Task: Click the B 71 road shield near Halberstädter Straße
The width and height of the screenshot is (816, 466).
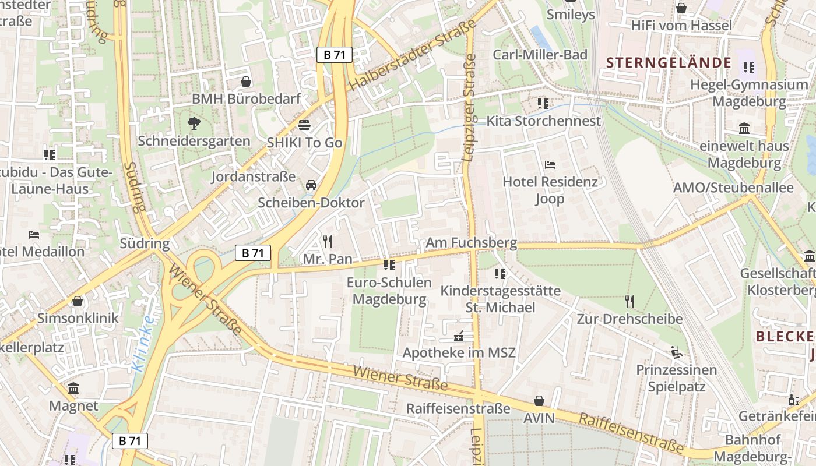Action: [x=335, y=55]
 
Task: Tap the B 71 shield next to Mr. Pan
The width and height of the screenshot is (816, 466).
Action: [x=253, y=253]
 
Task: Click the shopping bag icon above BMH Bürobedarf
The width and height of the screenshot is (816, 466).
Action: [x=246, y=82]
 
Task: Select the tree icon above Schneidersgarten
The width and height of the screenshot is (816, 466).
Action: [x=194, y=123]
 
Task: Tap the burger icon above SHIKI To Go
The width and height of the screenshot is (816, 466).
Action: [x=304, y=125]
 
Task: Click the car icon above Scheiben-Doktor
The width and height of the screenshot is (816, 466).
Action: [x=311, y=185]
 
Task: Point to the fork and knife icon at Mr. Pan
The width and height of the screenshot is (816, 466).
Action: [x=328, y=241]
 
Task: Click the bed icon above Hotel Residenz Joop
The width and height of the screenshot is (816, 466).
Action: [x=550, y=165]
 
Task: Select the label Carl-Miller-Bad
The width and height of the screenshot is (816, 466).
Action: [x=540, y=55]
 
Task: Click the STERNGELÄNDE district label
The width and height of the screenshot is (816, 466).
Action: [x=669, y=62]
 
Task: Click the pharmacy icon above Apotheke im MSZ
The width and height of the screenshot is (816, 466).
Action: [x=459, y=336]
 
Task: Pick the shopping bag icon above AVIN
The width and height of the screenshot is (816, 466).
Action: [x=539, y=401]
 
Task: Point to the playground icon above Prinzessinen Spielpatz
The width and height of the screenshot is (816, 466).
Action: [x=676, y=352]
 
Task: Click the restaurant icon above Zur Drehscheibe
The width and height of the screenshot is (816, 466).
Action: [x=629, y=301]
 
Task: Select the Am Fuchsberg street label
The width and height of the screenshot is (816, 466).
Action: [x=471, y=242]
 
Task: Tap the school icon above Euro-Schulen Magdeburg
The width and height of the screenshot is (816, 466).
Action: [x=389, y=266]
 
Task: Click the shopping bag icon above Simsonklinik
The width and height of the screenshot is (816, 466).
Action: [x=78, y=301]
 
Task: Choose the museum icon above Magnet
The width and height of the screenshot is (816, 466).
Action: [x=73, y=389]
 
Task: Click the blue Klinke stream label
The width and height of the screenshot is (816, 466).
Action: [x=143, y=344]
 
